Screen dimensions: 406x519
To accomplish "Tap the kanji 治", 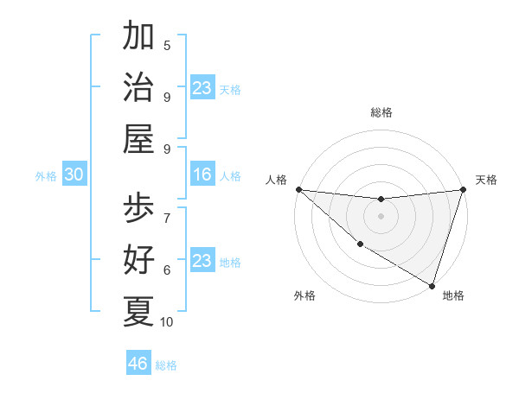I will (x=138, y=87).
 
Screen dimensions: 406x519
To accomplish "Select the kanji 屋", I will (x=138, y=138).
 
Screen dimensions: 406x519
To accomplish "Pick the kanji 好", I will (x=138, y=259).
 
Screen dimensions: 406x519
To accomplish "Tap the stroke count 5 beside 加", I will (x=167, y=46).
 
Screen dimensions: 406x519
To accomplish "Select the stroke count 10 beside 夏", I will (x=167, y=322).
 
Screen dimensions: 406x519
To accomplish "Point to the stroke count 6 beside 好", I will (x=167, y=270).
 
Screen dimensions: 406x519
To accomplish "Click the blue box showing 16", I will (x=202, y=175).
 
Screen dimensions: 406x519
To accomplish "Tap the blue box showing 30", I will (x=74, y=175).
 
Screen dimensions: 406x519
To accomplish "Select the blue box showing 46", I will (x=138, y=364).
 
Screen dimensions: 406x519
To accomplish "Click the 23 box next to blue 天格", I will (x=202, y=88).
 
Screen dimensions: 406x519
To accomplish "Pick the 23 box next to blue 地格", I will (x=202, y=261).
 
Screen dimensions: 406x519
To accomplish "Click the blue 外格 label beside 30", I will (x=46, y=176).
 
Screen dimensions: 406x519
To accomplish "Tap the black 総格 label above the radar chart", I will (x=381, y=112).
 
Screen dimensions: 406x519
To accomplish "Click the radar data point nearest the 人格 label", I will (x=298, y=189).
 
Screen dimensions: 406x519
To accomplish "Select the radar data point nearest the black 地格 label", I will (x=432, y=285).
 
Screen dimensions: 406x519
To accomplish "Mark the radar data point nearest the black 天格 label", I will (x=463, y=190).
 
